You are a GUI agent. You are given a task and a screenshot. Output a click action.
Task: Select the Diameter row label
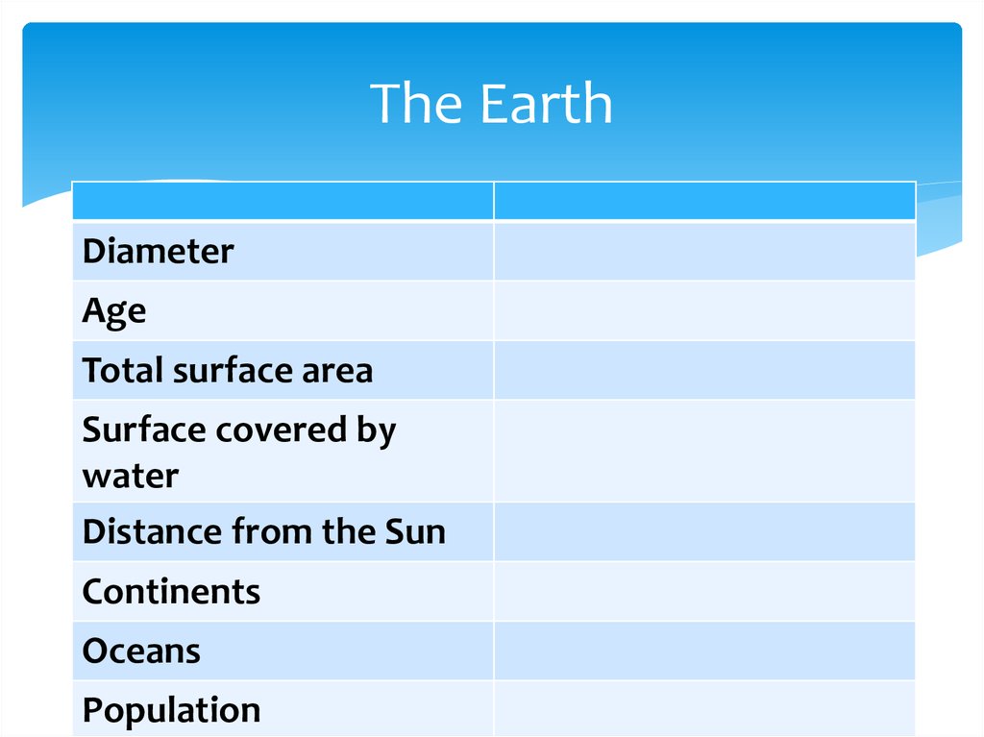click(158, 252)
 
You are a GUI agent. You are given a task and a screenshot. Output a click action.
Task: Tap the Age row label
click(113, 311)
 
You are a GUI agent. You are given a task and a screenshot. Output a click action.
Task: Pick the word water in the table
click(130, 475)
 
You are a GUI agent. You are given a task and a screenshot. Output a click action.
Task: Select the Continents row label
click(171, 591)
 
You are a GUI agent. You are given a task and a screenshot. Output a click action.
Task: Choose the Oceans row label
click(141, 651)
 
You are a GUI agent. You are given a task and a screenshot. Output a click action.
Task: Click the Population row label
click(171, 710)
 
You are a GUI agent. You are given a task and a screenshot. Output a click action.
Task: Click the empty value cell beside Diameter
click(704, 252)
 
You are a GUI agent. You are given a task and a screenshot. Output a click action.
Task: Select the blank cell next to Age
click(704, 311)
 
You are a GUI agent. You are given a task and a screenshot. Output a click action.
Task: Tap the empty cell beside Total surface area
click(704, 370)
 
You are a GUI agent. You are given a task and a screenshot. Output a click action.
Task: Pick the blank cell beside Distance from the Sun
click(704, 531)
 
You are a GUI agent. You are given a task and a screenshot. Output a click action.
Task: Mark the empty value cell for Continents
click(704, 591)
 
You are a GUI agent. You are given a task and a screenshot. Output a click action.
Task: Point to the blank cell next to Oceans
click(704, 651)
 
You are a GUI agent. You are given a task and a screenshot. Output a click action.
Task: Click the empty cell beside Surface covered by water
click(704, 451)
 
